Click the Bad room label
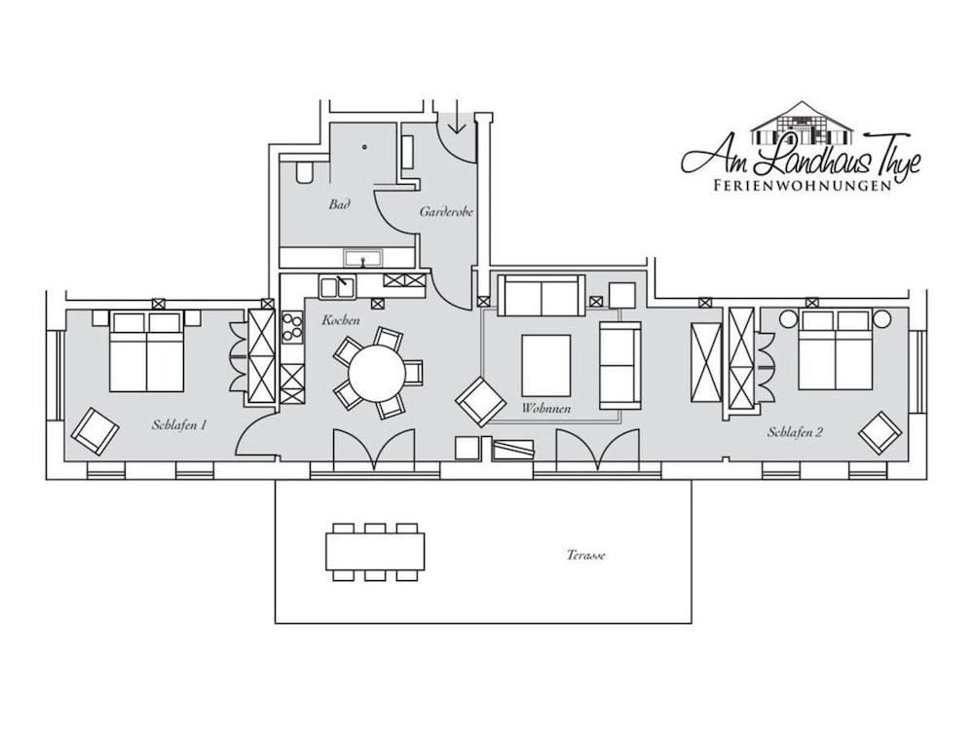pos(339,203)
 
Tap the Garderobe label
pos(446,211)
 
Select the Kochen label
pos(340,320)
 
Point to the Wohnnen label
pos(546,409)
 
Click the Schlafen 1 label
pos(179,425)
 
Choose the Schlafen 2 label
pos(795,432)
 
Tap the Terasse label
pos(585,555)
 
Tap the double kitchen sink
pos(337,288)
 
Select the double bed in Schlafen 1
pos(147,350)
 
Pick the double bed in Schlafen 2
pos(836,348)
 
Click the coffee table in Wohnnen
pos(546,366)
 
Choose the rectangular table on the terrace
pos(376,552)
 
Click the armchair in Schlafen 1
pos(94,431)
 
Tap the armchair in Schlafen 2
pos(880,432)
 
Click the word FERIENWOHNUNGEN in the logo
pos(802,185)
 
